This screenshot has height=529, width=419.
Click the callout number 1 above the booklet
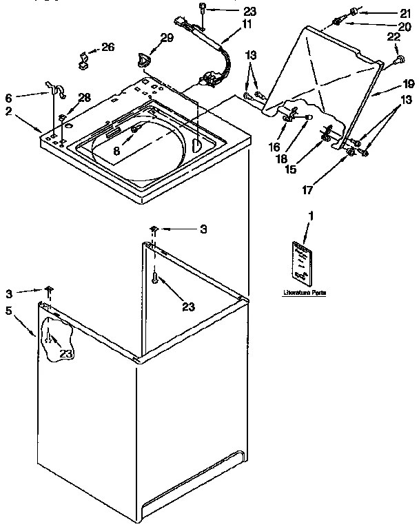[309, 216]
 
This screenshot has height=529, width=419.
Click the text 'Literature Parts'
[304, 293]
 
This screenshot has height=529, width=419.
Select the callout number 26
[108, 47]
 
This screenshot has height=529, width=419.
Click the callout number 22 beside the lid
[393, 38]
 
